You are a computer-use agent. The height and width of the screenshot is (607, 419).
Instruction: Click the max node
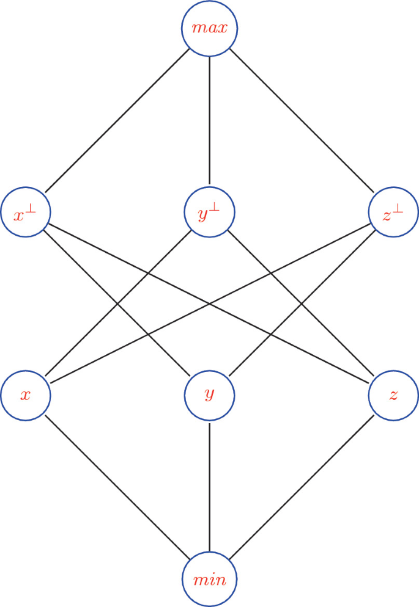point(209,29)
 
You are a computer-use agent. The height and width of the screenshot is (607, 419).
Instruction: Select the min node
point(209,578)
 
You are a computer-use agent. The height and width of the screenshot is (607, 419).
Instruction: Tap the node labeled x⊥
point(26,213)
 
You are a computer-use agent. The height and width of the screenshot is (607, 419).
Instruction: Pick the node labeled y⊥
point(209,213)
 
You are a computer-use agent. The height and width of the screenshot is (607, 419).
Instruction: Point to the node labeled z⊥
point(393,213)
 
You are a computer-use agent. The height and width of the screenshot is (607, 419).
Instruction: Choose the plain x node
point(26,394)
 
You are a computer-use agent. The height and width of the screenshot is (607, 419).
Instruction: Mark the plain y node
point(209,394)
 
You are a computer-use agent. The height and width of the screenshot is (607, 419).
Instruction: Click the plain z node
point(393,394)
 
